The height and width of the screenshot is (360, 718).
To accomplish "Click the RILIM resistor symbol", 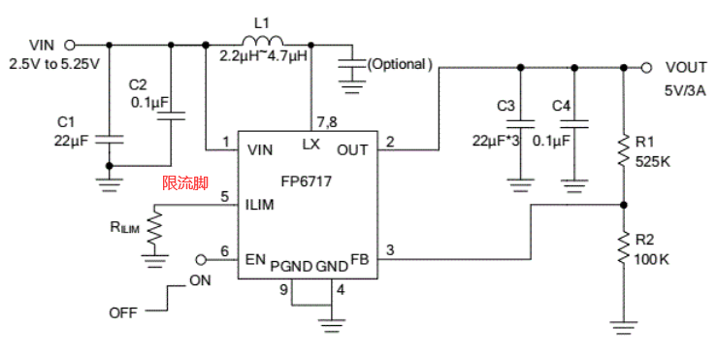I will pos(154,229).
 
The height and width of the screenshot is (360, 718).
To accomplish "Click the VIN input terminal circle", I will pos(69,44).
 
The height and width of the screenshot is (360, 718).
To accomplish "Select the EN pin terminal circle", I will pos(201,259).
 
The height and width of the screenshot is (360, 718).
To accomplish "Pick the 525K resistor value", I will pos(653,161).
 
